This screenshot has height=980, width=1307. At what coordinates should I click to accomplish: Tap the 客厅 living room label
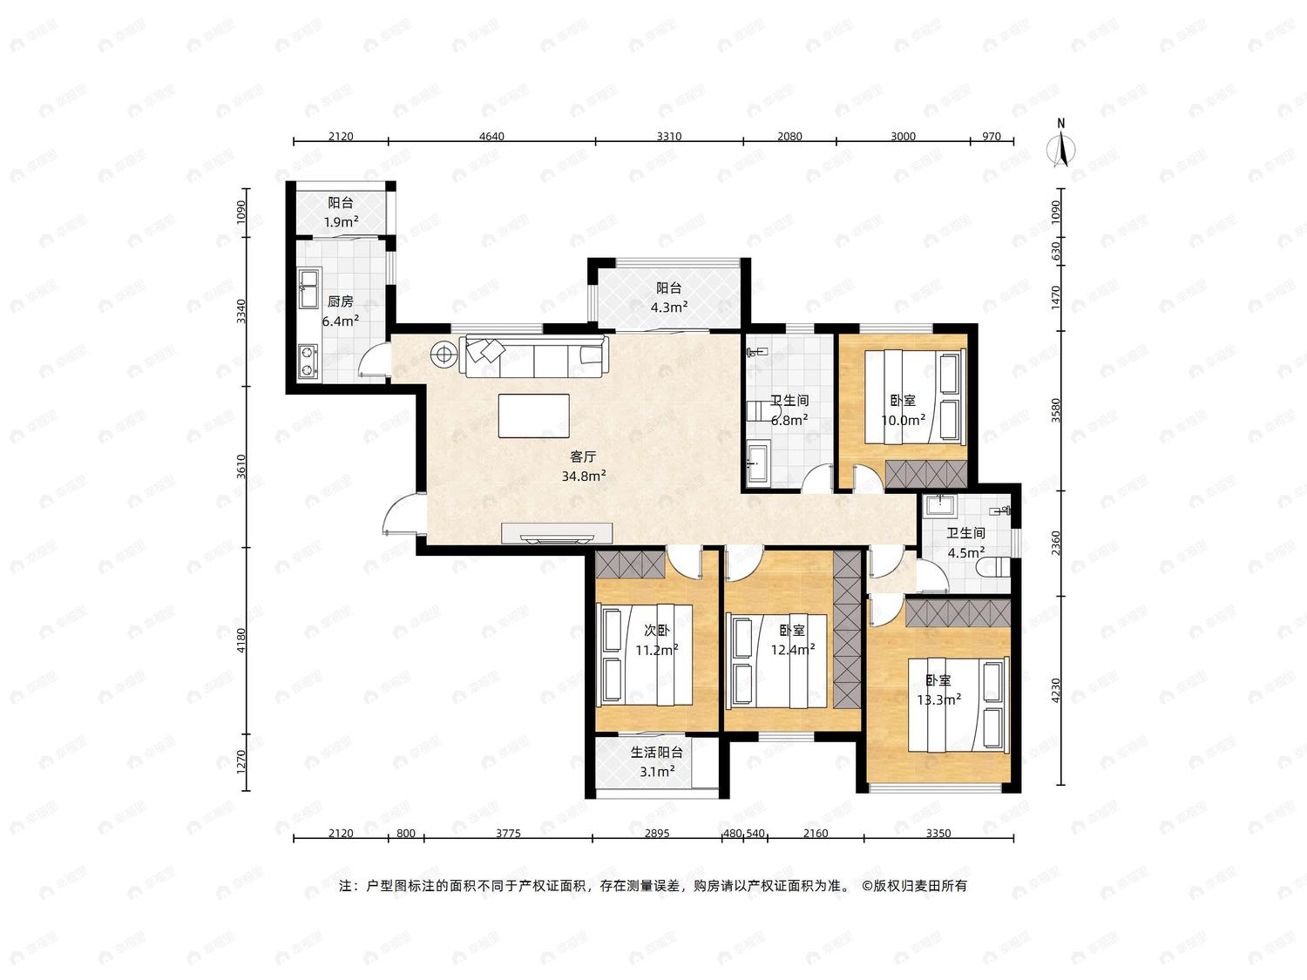583,456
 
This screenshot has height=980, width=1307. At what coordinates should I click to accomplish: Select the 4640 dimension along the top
491,136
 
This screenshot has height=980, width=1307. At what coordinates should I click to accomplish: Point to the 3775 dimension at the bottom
508,833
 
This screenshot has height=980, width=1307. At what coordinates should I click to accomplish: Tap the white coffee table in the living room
534,416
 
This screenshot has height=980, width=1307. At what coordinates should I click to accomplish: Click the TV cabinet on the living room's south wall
557,533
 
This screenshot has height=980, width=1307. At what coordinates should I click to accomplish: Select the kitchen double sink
309,289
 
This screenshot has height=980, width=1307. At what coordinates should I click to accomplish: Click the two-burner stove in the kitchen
308,362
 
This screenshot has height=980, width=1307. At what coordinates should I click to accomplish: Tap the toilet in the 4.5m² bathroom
994,567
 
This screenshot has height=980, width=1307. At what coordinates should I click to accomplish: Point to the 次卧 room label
656,630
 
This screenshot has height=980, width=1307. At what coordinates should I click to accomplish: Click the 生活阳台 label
656,753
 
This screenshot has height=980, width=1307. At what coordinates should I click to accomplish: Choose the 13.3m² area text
939,700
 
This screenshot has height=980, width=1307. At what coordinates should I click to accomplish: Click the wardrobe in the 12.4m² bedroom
847,629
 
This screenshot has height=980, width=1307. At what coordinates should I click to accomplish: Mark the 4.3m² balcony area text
669,308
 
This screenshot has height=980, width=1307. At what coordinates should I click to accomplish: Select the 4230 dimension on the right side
1056,690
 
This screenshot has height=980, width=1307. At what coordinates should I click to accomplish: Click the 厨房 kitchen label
340,301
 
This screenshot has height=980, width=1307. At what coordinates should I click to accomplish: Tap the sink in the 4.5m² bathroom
939,505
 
